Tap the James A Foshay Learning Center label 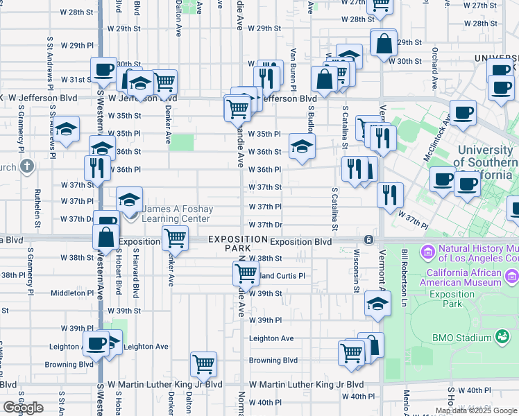coord(176,214)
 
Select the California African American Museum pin coord(513,277)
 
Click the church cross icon coord(26,166)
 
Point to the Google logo coord(23,408)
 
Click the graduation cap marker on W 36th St coord(302,146)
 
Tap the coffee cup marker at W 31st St coord(104,69)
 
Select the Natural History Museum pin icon coord(427,250)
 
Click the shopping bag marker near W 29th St coord(383,44)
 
